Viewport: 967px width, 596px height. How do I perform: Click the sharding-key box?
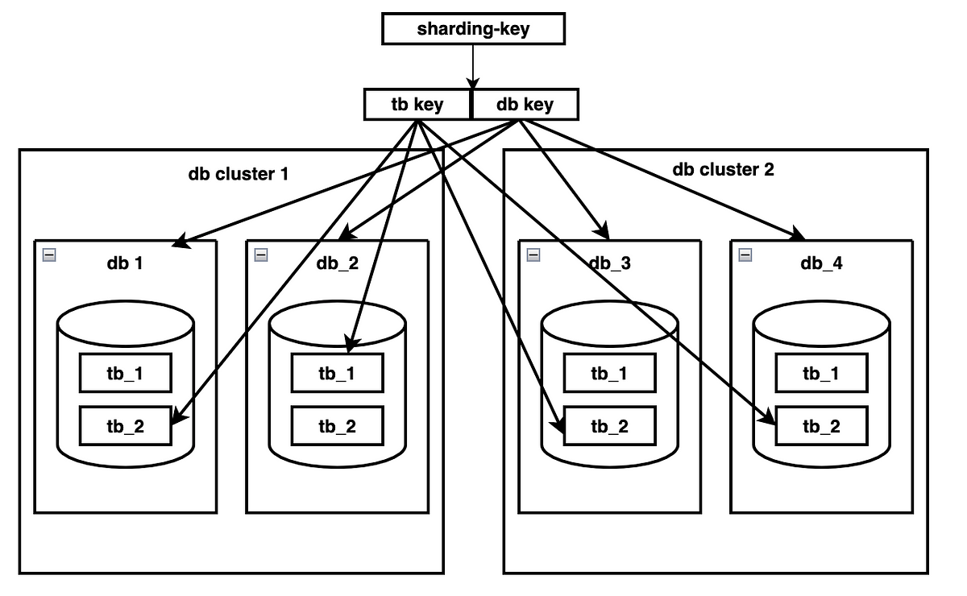click(x=473, y=29)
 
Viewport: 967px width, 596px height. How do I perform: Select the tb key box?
click(x=417, y=104)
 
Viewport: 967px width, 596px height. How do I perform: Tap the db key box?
click(x=525, y=104)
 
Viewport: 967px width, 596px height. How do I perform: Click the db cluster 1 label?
click(x=239, y=174)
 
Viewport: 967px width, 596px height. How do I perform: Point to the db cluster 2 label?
click(x=723, y=169)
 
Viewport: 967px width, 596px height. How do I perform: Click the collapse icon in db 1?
click(x=49, y=255)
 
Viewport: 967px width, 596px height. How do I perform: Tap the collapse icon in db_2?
click(x=261, y=255)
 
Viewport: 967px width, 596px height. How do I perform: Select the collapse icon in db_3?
click(x=533, y=255)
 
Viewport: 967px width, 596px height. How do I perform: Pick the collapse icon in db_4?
click(x=745, y=255)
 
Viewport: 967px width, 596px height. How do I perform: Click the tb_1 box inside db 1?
click(x=126, y=373)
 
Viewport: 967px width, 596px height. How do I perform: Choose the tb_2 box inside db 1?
click(x=126, y=426)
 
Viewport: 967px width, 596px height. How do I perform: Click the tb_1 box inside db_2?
click(x=337, y=373)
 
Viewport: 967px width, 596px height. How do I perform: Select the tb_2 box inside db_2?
click(x=337, y=426)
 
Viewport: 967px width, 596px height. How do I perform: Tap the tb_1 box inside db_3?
click(x=609, y=373)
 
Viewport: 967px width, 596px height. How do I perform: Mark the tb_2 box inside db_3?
click(x=609, y=426)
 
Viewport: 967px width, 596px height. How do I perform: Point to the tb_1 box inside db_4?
click(x=821, y=373)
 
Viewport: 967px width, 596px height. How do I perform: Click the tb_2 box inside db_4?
click(x=821, y=426)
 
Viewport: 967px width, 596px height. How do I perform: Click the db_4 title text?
click(x=821, y=263)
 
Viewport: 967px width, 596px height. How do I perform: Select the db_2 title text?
click(x=337, y=263)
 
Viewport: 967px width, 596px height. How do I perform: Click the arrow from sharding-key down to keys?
click(x=473, y=67)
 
